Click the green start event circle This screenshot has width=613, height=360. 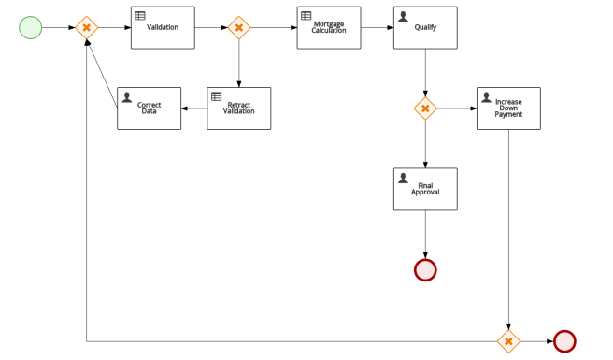pos(31,27)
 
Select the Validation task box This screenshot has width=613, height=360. pos(163,28)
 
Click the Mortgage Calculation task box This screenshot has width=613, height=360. pos(329,28)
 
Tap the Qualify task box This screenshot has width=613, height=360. pos(425,28)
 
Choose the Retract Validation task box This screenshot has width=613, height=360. pos(238,108)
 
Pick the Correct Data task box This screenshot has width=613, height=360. pos(149,108)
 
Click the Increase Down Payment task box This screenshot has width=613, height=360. pos(508,108)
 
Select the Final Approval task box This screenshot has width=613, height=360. pos(425,189)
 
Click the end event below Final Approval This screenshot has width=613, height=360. pos(425,270)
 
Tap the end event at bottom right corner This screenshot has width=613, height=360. pos(564,341)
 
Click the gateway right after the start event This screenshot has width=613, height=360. pos(86,28)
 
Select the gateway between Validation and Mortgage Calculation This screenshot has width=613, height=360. pos(238,28)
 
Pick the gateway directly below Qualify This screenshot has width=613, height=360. pos(425,108)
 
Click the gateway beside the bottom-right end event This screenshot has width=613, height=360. pos(508,341)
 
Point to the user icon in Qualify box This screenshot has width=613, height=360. pos(404,16)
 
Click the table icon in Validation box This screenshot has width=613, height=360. pos(140,16)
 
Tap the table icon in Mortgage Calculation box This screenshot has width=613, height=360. pos(306,16)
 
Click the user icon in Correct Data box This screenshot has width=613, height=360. pos(127,96)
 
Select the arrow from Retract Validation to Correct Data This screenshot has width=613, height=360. pos(193,108)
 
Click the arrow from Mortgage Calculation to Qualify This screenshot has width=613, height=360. pos(377,28)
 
